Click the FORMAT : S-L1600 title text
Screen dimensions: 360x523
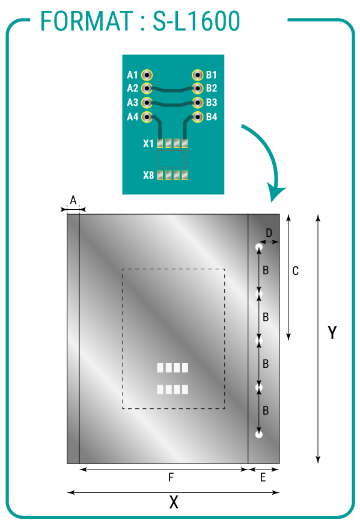click(x=140, y=21)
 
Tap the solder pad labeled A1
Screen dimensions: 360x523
click(x=147, y=75)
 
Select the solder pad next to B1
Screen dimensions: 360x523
click(x=198, y=75)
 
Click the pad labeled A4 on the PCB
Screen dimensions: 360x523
click(x=147, y=117)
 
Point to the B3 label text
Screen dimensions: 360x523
click(x=212, y=102)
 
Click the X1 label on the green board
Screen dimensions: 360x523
click(x=148, y=144)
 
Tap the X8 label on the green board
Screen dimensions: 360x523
click(x=148, y=175)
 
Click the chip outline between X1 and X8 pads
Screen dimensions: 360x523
click(x=172, y=159)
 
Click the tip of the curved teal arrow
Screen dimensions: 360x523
click(x=272, y=202)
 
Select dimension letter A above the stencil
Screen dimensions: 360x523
click(x=73, y=200)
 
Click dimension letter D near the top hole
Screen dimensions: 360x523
click(x=269, y=233)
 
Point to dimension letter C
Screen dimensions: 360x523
click(x=295, y=271)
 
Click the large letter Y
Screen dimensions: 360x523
click(x=332, y=332)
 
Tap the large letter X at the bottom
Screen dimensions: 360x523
click(x=174, y=502)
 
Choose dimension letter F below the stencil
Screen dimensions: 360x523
click(x=171, y=478)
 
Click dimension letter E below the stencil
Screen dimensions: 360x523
click(x=263, y=478)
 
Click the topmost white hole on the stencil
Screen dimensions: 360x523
click(x=259, y=247)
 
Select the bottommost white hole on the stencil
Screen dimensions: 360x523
click(x=259, y=434)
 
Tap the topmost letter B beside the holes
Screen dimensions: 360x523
click(x=266, y=270)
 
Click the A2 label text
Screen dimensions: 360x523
click(x=132, y=88)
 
